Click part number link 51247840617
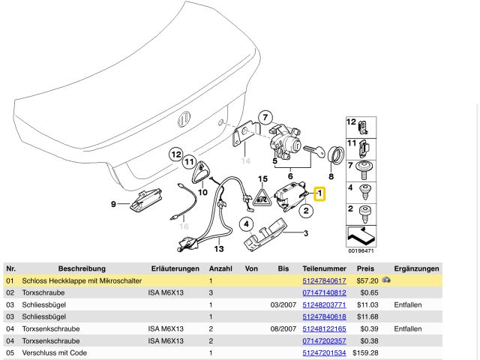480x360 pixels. [x=324, y=280]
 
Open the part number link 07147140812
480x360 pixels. [x=324, y=292]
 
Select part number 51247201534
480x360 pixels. [x=324, y=352]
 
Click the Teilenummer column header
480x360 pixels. [x=324, y=268]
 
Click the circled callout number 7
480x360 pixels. [x=263, y=116]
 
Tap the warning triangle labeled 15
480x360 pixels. [x=262, y=196]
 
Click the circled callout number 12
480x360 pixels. [x=175, y=154]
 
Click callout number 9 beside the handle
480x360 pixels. [x=114, y=204]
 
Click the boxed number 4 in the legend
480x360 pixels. [x=350, y=187]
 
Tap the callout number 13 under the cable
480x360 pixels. [x=219, y=248]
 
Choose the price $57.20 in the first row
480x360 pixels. [x=366, y=280]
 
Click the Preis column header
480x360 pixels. [x=365, y=268]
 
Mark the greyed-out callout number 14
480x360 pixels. [x=244, y=160]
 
